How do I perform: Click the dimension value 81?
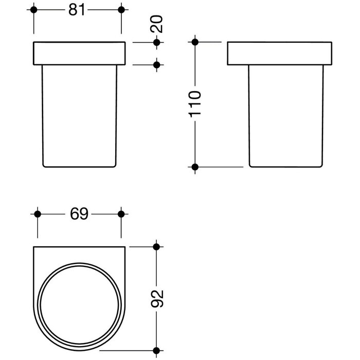(x=77, y=10)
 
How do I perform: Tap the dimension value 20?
(x=157, y=24)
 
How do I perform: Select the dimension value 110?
(x=194, y=104)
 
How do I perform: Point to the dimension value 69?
(x=78, y=214)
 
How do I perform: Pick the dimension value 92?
(x=157, y=298)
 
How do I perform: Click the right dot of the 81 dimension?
(x=121, y=10)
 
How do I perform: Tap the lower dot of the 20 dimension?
(x=157, y=65)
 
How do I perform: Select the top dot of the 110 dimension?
(x=194, y=42)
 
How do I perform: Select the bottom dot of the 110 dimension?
(x=194, y=167)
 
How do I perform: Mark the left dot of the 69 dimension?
(x=37, y=214)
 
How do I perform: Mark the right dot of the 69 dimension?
(x=121, y=214)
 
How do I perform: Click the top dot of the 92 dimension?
(x=157, y=247)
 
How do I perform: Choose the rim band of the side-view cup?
(x=278, y=53)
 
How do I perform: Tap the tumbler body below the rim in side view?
(x=278, y=116)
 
